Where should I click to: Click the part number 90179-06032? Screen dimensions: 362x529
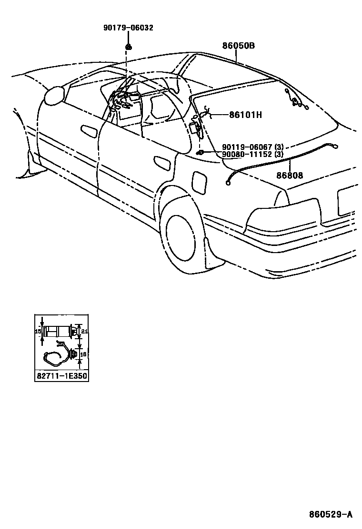(128, 28)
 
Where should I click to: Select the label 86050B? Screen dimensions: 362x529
(238, 46)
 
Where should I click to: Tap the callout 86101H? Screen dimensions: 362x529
(246, 115)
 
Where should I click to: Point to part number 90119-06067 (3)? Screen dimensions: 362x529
(252, 147)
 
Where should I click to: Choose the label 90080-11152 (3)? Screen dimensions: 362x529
(252, 155)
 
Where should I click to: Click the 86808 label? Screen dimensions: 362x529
(290, 175)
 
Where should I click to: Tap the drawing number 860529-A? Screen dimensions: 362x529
(330, 514)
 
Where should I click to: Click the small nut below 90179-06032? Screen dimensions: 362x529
(128, 46)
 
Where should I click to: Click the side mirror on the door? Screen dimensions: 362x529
(54, 95)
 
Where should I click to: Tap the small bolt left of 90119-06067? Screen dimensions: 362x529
(200, 152)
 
